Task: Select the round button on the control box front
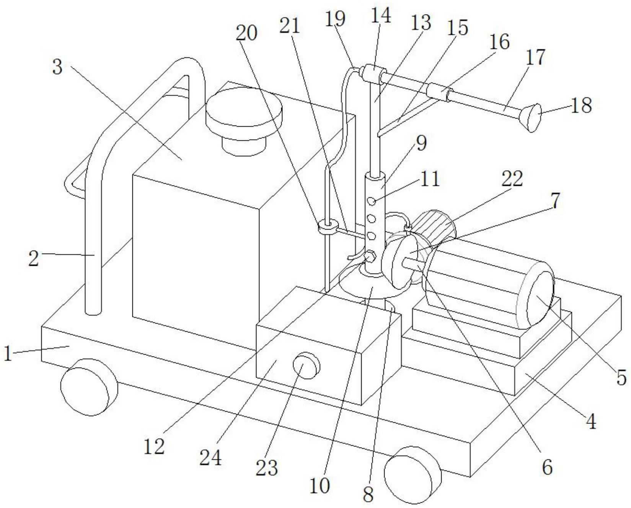[x=306, y=366]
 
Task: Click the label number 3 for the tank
[x=57, y=67]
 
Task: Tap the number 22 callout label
[x=512, y=178]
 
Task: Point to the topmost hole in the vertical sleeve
[x=370, y=201]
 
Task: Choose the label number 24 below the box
[x=210, y=456]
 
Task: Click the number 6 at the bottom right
[x=548, y=467]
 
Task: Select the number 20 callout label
[x=246, y=33]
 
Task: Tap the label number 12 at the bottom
[x=154, y=446]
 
